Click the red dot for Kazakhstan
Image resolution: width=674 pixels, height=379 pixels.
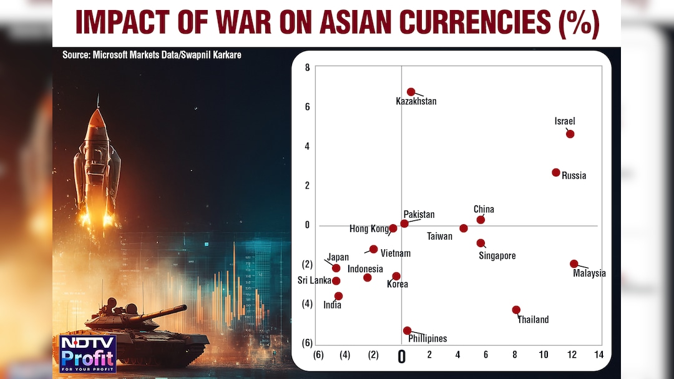coord(411,92)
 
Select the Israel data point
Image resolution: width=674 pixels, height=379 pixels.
coord(570,134)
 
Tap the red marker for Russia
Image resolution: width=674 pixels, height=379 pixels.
coord(556,172)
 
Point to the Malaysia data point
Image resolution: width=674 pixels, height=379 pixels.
coord(574,264)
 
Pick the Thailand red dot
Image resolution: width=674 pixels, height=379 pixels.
coord(516,310)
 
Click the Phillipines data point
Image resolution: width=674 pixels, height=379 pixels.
coord(407,331)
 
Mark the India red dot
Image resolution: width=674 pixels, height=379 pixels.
coord(338,296)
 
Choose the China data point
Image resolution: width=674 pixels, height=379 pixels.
coord(481,220)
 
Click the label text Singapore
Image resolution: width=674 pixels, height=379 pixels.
coord(497,256)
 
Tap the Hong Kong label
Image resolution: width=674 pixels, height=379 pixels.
coord(368,229)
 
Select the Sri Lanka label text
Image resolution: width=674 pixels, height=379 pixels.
coord(314,280)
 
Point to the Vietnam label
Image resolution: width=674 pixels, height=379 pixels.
coord(396,253)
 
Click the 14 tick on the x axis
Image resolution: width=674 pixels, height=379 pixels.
coord(598,355)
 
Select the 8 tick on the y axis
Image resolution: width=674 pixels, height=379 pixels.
coord(307,67)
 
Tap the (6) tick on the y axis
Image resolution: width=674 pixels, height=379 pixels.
coord(307,343)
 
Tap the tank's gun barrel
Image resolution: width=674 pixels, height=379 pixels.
coord(163,310)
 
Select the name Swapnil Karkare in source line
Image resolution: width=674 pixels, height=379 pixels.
coord(209,55)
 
